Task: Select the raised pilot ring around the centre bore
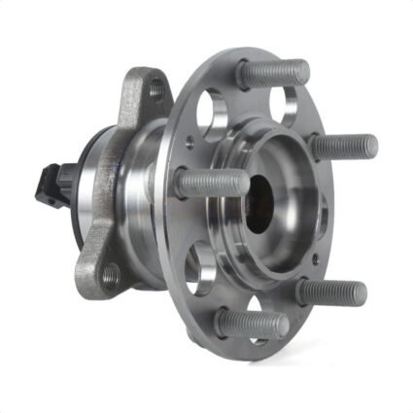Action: pyautogui.click(x=292, y=175)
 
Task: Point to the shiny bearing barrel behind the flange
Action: pyautogui.click(x=136, y=185)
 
